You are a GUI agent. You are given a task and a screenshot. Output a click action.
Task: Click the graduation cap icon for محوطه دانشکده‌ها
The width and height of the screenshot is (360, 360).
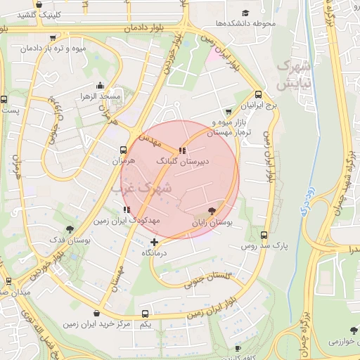coord(245,13)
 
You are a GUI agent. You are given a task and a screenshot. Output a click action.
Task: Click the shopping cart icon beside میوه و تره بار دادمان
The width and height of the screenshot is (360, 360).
coord(53,38)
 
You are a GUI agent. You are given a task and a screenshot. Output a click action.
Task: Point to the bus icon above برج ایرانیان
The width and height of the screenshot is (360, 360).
coord(259,94)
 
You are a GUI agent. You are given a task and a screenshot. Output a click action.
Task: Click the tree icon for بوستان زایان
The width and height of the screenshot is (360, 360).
coord(212,212)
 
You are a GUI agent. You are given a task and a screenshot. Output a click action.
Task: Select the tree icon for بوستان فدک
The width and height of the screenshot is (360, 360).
coord(69,229)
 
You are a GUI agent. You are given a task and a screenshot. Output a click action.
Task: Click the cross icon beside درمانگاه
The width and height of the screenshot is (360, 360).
coord(155,243)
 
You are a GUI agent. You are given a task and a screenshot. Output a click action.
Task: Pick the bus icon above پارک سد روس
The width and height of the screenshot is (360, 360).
coord(264,236)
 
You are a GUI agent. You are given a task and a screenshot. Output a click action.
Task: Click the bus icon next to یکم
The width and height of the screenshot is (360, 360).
coord(145,314)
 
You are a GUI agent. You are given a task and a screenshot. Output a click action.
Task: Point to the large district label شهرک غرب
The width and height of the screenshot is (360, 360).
coord(141,188)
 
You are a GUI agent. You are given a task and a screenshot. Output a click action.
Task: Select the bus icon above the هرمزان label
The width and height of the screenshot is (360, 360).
coord(124,150)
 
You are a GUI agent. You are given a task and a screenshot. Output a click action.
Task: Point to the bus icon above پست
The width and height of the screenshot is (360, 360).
coord(4,99)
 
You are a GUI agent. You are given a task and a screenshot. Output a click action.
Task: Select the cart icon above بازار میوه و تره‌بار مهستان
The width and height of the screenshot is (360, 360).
coord(228,112)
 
